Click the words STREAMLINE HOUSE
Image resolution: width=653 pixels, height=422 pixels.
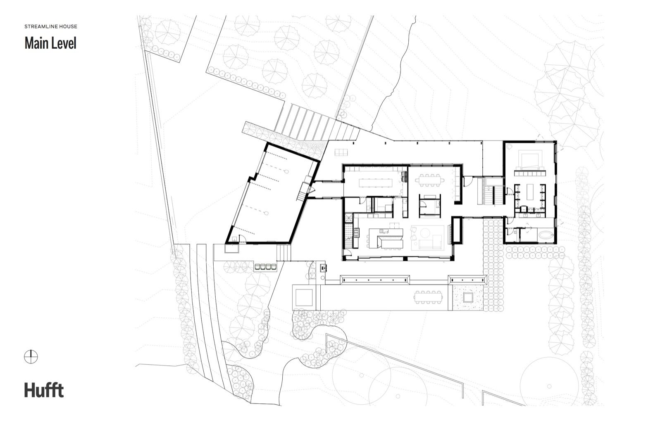[x=51, y=26]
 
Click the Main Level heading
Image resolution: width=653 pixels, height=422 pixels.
[x=50, y=43]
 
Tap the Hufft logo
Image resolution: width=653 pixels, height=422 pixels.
[x=44, y=390]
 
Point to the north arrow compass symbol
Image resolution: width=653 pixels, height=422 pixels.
[x=31, y=357]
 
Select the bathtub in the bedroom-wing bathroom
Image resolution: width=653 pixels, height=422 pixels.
[x=546, y=235]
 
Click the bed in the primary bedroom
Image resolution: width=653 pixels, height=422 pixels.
[x=530, y=160]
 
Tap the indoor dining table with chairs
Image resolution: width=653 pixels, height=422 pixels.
[x=430, y=180]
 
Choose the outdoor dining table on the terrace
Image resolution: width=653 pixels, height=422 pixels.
[x=428, y=297]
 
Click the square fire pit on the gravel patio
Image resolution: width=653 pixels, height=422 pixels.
[x=467, y=297]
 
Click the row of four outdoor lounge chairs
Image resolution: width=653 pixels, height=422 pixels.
[x=265, y=266]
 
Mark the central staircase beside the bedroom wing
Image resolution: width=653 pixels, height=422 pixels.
[x=490, y=191]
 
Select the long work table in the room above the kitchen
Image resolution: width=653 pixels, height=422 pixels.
[x=375, y=183]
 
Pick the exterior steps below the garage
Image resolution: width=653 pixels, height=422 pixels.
[x=284, y=253]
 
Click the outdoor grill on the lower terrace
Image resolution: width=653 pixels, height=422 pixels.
[x=323, y=267]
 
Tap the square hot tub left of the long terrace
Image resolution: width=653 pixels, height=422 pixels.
[x=304, y=297]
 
